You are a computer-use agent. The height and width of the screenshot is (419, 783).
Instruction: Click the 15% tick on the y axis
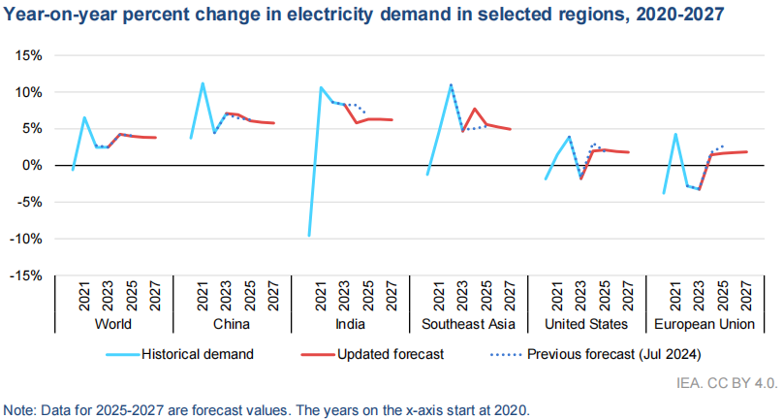pos(28,55)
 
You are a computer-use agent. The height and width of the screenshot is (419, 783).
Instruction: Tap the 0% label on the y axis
pos(32,166)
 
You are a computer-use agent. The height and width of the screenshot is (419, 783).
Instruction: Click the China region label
pos(232,323)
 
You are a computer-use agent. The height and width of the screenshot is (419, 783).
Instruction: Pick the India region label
pos(350,323)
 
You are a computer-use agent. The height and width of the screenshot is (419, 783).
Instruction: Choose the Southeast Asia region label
pos(468,323)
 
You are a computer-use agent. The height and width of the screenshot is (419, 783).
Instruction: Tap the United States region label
pos(586,323)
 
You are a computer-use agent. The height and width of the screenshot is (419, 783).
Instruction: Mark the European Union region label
pos(705,323)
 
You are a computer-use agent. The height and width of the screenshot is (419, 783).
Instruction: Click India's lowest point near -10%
pos(309,236)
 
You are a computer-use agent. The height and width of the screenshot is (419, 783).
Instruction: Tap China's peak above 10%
pos(203,83)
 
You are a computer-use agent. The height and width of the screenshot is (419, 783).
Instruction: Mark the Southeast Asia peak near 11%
pos(451,84)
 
